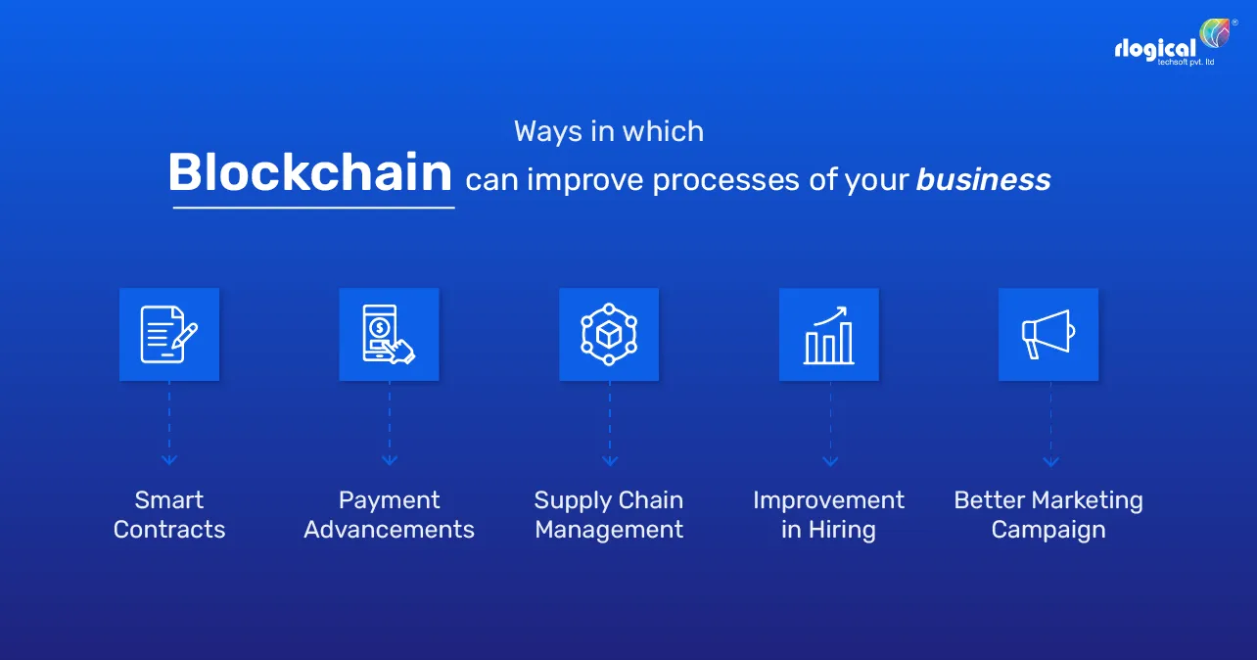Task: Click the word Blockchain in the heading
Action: pyautogui.click(x=309, y=174)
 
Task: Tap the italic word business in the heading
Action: pyautogui.click(x=983, y=180)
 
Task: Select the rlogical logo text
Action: pyautogui.click(x=1155, y=49)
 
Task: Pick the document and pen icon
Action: pyautogui.click(x=169, y=334)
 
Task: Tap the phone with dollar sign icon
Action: pyautogui.click(x=389, y=334)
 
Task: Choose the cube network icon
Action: pyautogui.click(x=609, y=334)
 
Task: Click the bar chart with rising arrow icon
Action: pyautogui.click(x=829, y=334)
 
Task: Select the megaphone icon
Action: pyautogui.click(x=1048, y=334)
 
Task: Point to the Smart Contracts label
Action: pyautogui.click(x=169, y=515)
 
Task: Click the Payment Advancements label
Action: pyautogui.click(x=389, y=515)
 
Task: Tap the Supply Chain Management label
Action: pyautogui.click(x=609, y=515)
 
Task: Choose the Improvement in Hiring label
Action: pyautogui.click(x=829, y=515)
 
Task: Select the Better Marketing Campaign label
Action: pyautogui.click(x=1048, y=515)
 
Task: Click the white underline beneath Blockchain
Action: pyautogui.click(x=313, y=207)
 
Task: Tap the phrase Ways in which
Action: pyautogui.click(x=609, y=132)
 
